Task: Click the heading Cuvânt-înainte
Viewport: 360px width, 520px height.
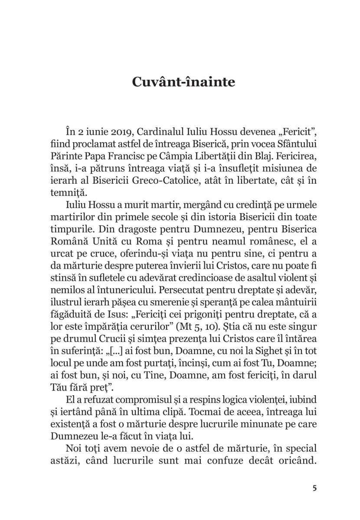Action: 180,82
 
